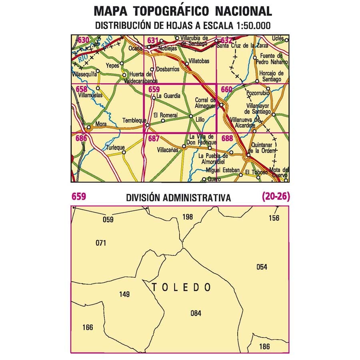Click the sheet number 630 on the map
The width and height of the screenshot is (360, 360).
click(x=84, y=40)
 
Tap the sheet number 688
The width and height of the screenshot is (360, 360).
click(x=227, y=138)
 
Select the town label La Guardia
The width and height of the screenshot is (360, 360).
click(x=168, y=96)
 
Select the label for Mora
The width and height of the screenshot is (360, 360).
click(x=101, y=124)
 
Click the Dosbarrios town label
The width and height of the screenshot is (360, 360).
click(x=167, y=69)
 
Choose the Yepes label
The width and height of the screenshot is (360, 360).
click(x=113, y=66)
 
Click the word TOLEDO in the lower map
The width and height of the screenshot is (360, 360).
click(x=181, y=287)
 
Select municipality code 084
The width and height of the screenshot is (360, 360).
click(x=196, y=314)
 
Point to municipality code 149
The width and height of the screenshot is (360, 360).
click(x=124, y=295)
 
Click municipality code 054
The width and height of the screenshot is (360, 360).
click(x=262, y=267)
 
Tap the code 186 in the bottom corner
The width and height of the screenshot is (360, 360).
click(x=264, y=346)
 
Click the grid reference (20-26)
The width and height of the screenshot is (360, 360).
click(x=276, y=196)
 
